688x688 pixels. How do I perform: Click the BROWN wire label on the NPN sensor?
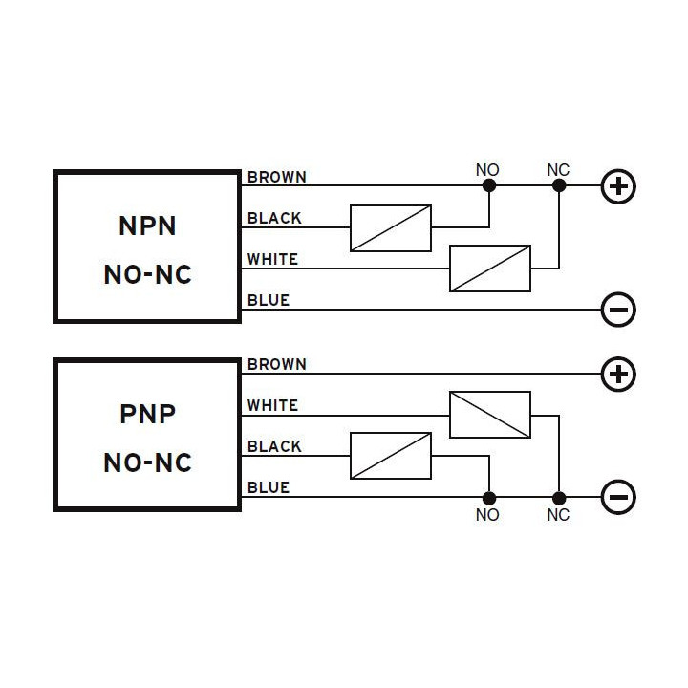point(276,177)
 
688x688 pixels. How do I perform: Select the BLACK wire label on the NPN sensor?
point(274,218)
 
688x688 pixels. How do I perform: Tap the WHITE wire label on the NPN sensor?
point(272,259)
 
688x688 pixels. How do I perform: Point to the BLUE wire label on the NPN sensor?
point(269,300)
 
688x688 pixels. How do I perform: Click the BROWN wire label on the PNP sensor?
point(276,364)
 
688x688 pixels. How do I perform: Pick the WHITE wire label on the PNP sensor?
point(272,405)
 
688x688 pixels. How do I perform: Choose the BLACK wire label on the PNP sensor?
point(274,446)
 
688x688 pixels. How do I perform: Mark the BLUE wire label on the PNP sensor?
point(269,487)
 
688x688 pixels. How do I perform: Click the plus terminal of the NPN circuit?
point(618,186)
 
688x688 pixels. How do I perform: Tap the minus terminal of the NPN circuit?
point(618,310)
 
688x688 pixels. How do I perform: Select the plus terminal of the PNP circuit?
point(618,374)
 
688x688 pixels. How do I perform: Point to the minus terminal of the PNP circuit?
point(618,497)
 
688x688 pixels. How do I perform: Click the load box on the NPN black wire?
point(391,227)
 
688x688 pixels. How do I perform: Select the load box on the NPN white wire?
point(490,269)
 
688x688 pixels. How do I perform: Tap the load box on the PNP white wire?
point(490,415)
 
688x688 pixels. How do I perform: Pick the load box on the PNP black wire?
point(391,456)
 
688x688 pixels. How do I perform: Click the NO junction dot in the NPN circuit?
point(488,186)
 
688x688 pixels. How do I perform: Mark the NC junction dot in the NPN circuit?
point(559,186)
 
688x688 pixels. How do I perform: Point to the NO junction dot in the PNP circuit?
point(488,497)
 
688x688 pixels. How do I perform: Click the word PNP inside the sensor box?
point(147,415)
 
